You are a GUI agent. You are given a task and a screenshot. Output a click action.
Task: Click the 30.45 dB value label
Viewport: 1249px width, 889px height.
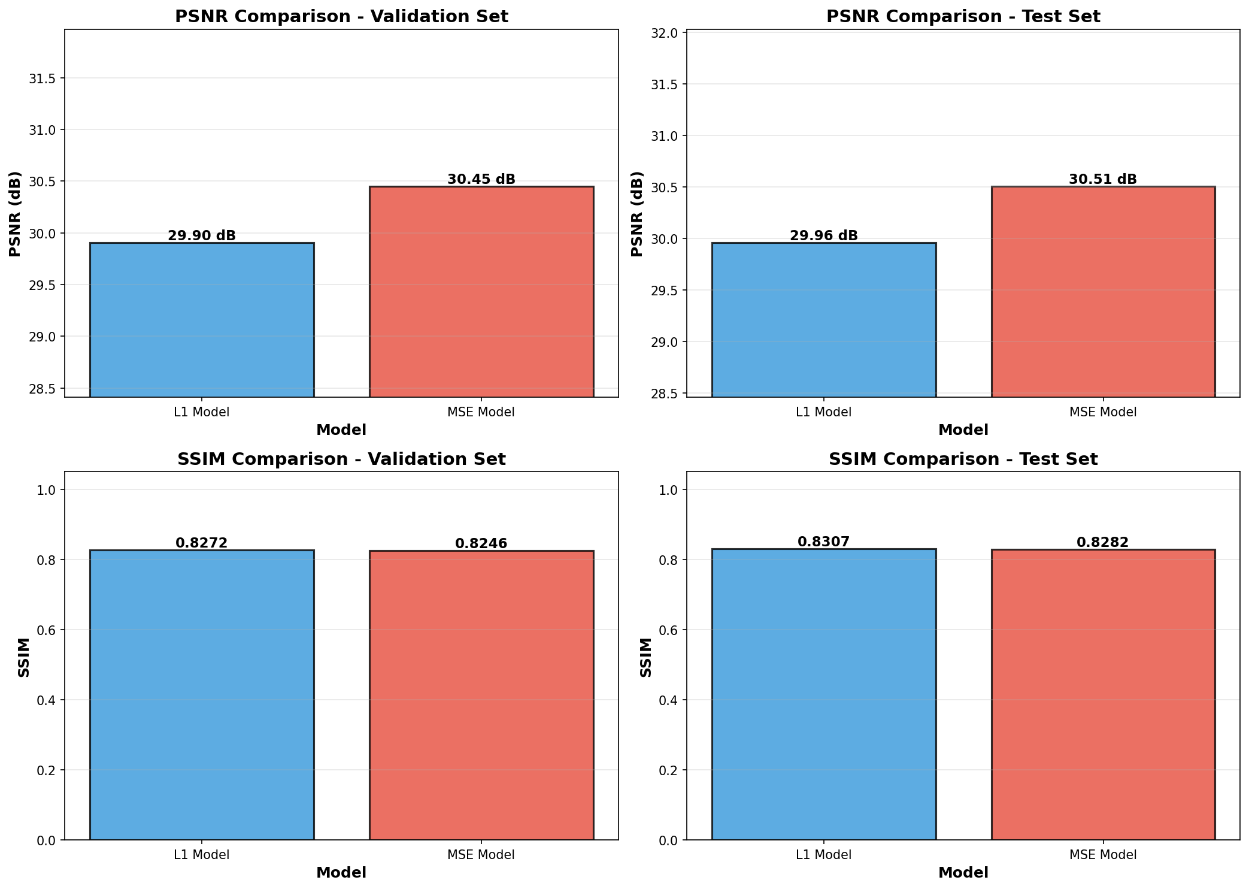(x=481, y=180)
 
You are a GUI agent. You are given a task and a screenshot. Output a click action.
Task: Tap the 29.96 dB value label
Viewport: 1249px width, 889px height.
(x=823, y=236)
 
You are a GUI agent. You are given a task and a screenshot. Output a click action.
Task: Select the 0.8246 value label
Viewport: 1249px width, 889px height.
(x=481, y=544)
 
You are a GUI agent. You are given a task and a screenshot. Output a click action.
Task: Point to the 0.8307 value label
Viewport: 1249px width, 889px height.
(x=823, y=542)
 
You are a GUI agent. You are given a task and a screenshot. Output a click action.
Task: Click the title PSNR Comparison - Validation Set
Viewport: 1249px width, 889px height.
(x=341, y=17)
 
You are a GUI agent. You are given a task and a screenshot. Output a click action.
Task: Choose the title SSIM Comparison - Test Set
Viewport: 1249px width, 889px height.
(x=963, y=459)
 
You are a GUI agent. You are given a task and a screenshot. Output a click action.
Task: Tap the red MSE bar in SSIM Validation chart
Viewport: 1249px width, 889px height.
(x=481, y=695)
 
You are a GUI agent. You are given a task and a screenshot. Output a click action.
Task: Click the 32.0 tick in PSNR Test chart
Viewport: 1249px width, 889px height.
(x=668, y=33)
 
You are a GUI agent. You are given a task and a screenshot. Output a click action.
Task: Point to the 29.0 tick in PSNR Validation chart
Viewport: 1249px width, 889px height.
(x=46, y=337)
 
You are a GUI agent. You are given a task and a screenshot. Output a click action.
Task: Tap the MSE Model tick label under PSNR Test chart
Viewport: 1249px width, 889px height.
(x=1103, y=412)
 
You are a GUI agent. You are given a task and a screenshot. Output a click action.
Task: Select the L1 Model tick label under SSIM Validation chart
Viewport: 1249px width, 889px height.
(x=202, y=855)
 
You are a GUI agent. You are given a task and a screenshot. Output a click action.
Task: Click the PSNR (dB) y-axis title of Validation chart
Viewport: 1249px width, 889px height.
(x=16, y=214)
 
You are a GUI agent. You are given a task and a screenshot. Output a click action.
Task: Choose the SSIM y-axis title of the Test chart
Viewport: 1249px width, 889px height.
(x=645, y=657)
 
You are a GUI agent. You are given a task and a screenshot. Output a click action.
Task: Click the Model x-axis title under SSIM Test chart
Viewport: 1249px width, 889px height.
(x=963, y=873)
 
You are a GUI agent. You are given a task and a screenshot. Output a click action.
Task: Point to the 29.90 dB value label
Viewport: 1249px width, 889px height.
(x=202, y=236)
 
